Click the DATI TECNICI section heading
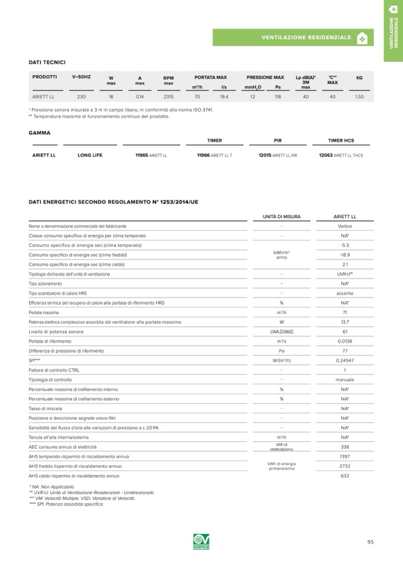47,62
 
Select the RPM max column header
168,80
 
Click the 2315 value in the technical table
168,96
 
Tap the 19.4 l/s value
224,96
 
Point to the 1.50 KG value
359,96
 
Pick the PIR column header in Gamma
278,141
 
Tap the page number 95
370,542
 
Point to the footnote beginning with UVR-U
92,492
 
